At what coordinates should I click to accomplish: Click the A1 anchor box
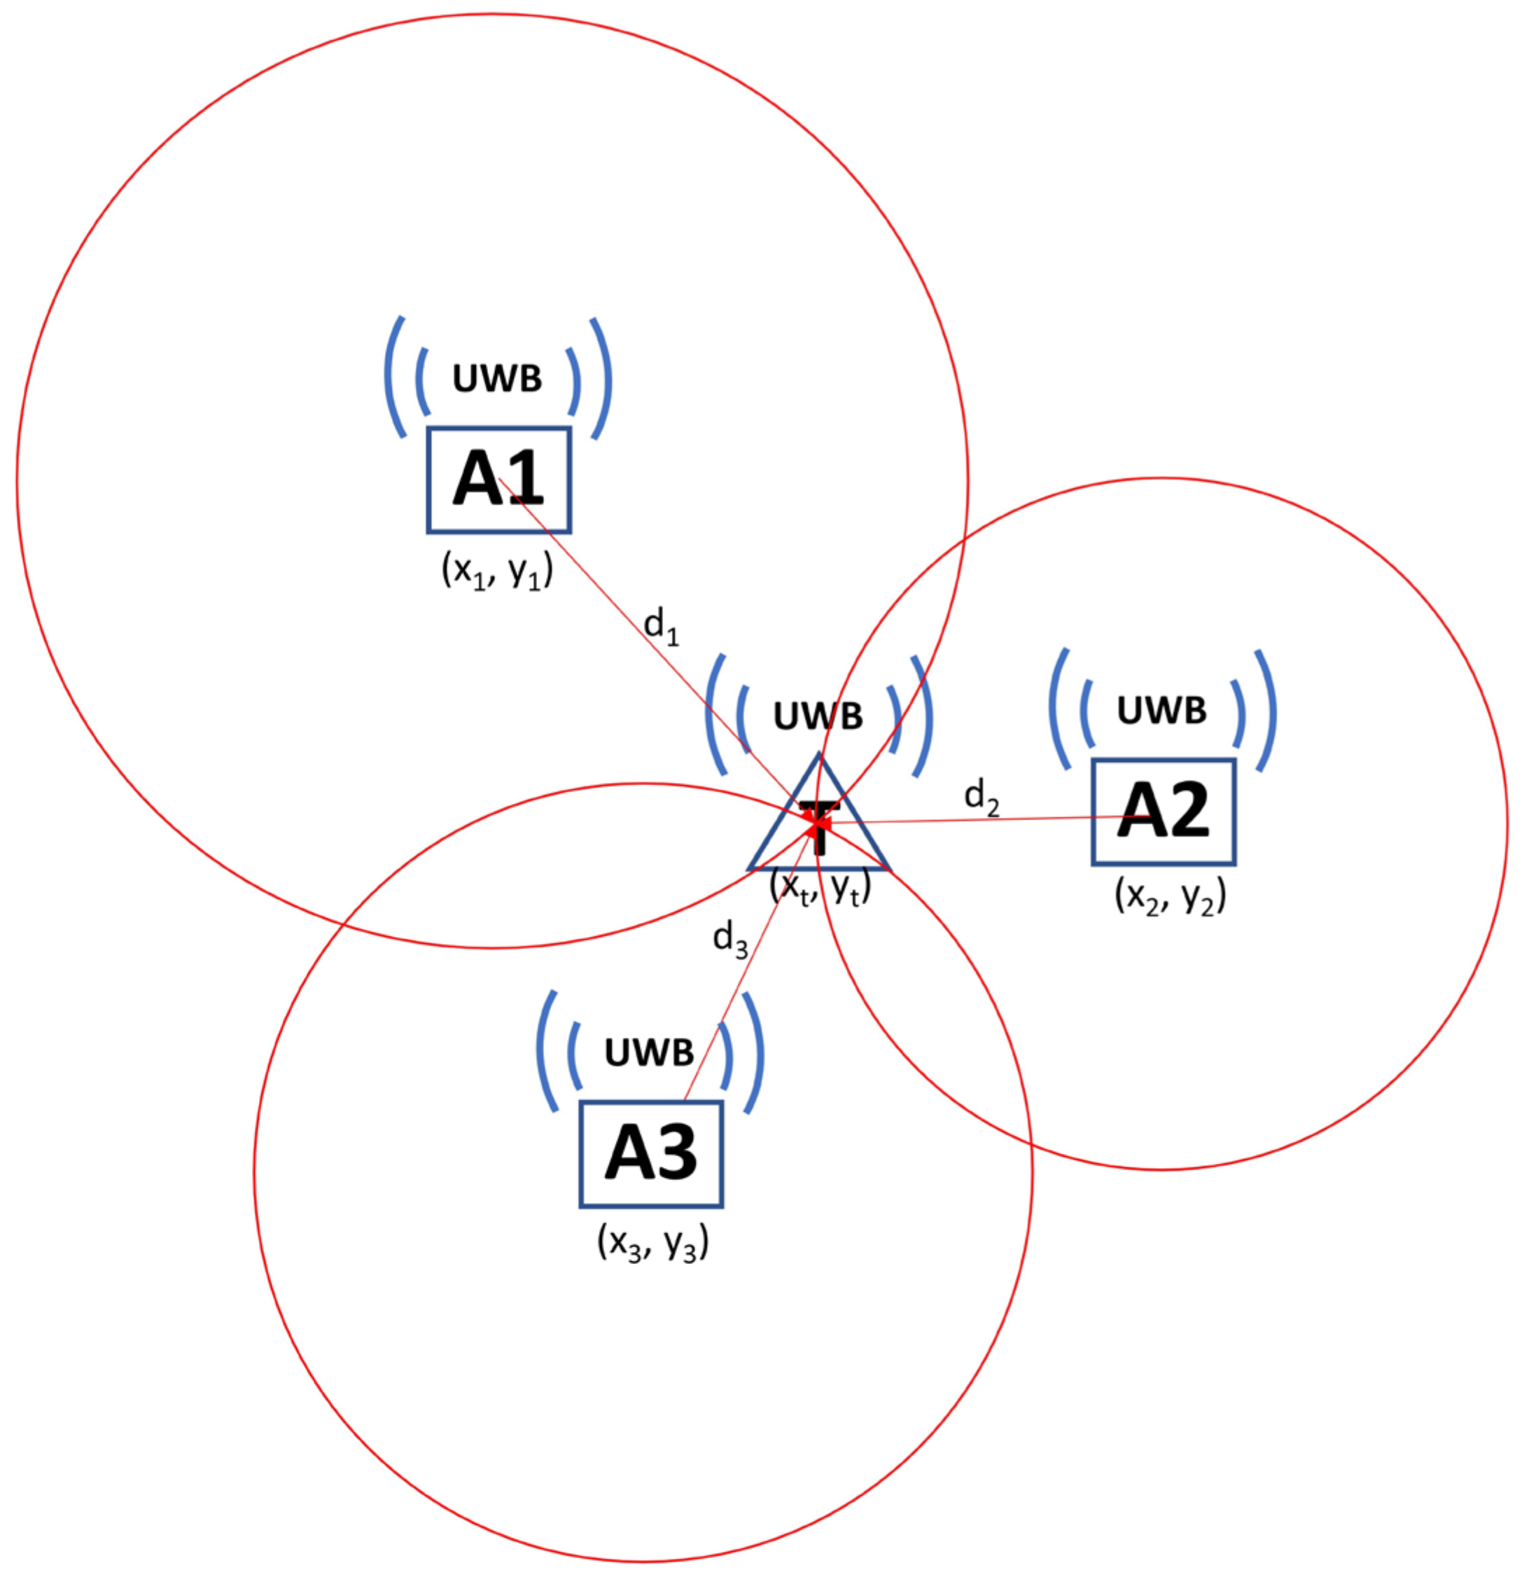tap(498, 480)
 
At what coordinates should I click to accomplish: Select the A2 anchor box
tap(1163, 812)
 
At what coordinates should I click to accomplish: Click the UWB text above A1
tap(497, 379)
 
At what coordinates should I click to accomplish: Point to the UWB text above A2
tap(1161, 711)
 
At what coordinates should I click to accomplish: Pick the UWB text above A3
tap(649, 1053)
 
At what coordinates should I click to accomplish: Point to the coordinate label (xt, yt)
tap(821, 888)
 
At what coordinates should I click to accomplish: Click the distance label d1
tap(661, 627)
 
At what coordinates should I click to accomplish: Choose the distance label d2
tap(982, 798)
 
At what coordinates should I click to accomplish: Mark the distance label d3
tap(729, 939)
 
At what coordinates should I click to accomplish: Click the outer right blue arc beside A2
tap(1269, 711)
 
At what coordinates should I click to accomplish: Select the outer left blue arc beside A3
tap(545, 1052)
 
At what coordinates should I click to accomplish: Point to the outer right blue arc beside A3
tap(755, 1053)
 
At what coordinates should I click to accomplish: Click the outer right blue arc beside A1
tap(603, 378)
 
